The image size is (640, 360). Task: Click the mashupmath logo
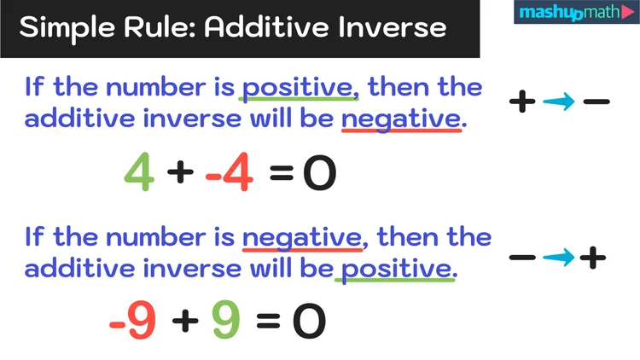click(x=575, y=15)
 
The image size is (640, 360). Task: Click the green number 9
click(x=226, y=321)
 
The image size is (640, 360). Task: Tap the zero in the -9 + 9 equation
click(x=309, y=321)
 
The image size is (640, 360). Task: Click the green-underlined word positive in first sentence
click(x=297, y=88)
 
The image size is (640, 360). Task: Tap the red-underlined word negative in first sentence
click(x=401, y=119)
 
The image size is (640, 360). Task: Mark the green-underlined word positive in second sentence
click(x=396, y=268)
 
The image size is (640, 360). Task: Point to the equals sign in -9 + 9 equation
click(x=268, y=321)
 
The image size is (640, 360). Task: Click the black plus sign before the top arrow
click(x=522, y=102)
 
